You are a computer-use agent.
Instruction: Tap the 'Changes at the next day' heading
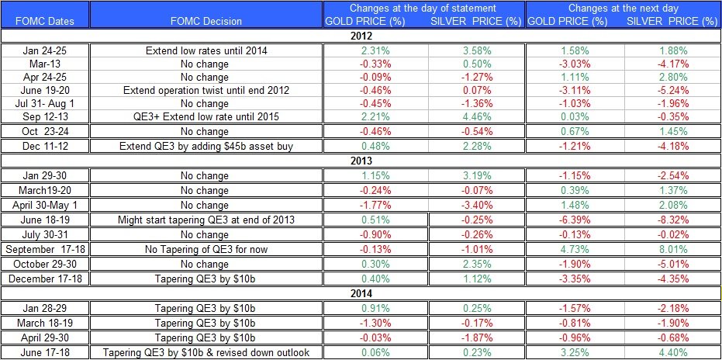coord(623,8)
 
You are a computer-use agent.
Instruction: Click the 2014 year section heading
coord(361,294)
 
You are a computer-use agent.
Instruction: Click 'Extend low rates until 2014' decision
coord(206,50)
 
